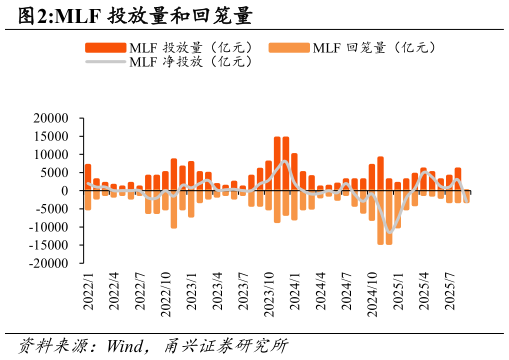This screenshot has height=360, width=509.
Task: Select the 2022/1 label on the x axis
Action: [x=88, y=291]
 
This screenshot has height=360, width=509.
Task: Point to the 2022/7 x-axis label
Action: [x=140, y=291]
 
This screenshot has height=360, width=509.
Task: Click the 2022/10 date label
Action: [x=166, y=293]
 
